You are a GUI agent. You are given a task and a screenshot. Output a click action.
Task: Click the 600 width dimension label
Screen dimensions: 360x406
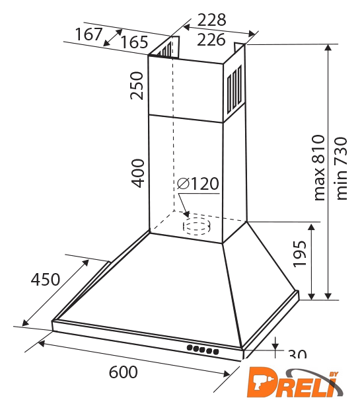click(123, 372)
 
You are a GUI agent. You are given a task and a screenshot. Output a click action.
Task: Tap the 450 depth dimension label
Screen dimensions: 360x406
click(46, 280)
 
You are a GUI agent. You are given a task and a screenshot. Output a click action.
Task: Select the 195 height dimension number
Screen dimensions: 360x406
click(300, 254)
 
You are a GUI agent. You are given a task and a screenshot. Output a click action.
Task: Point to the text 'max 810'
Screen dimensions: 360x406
click(318, 167)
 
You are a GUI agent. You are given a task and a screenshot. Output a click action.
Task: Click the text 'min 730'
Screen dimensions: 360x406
click(341, 169)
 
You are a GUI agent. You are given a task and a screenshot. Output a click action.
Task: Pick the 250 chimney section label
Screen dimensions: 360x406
click(137, 86)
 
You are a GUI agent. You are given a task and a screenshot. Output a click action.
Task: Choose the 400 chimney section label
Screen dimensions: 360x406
click(137, 173)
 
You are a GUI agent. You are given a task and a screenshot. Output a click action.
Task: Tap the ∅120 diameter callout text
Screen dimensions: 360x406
click(198, 184)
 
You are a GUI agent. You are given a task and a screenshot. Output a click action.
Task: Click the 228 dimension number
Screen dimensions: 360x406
click(212, 20)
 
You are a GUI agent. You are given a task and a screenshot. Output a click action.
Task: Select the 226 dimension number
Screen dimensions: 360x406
click(211, 40)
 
